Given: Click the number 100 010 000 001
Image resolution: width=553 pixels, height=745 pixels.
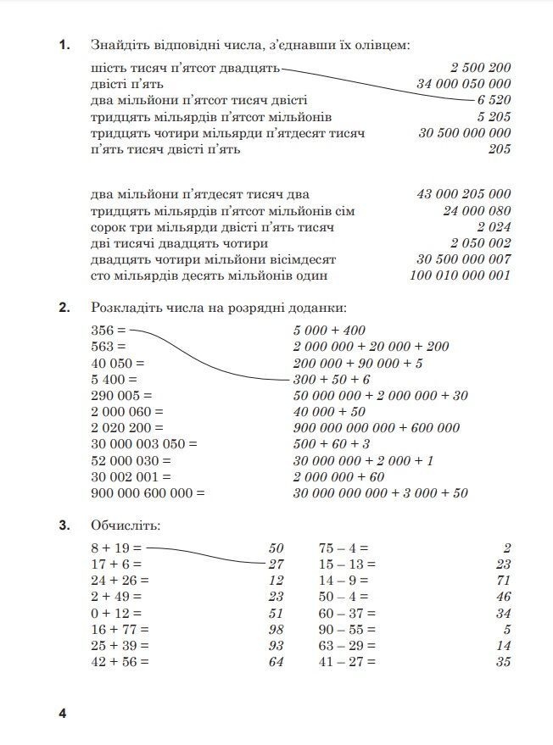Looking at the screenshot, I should [x=460, y=275].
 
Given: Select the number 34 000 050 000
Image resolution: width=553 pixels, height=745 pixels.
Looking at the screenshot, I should [x=463, y=84].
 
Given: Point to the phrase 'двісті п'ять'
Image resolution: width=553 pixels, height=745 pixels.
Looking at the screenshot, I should [x=127, y=84].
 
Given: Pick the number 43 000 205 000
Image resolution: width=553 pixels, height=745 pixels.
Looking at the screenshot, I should [x=463, y=195].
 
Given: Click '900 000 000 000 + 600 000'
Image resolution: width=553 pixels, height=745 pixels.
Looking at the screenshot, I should [x=377, y=428].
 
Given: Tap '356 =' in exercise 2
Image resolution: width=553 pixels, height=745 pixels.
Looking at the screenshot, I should [x=108, y=331].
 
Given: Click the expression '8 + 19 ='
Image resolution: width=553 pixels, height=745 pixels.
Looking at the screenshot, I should [x=116, y=548].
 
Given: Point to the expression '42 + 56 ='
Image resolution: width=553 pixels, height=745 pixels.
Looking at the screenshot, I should [x=120, y=662].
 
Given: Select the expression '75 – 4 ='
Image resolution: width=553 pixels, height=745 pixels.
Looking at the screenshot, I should [x=344, y=548].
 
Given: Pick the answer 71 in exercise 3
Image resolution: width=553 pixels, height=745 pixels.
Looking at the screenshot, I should [x=503, y=581].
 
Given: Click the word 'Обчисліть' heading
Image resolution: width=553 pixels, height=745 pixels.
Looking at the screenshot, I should [x=126, y=526].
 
